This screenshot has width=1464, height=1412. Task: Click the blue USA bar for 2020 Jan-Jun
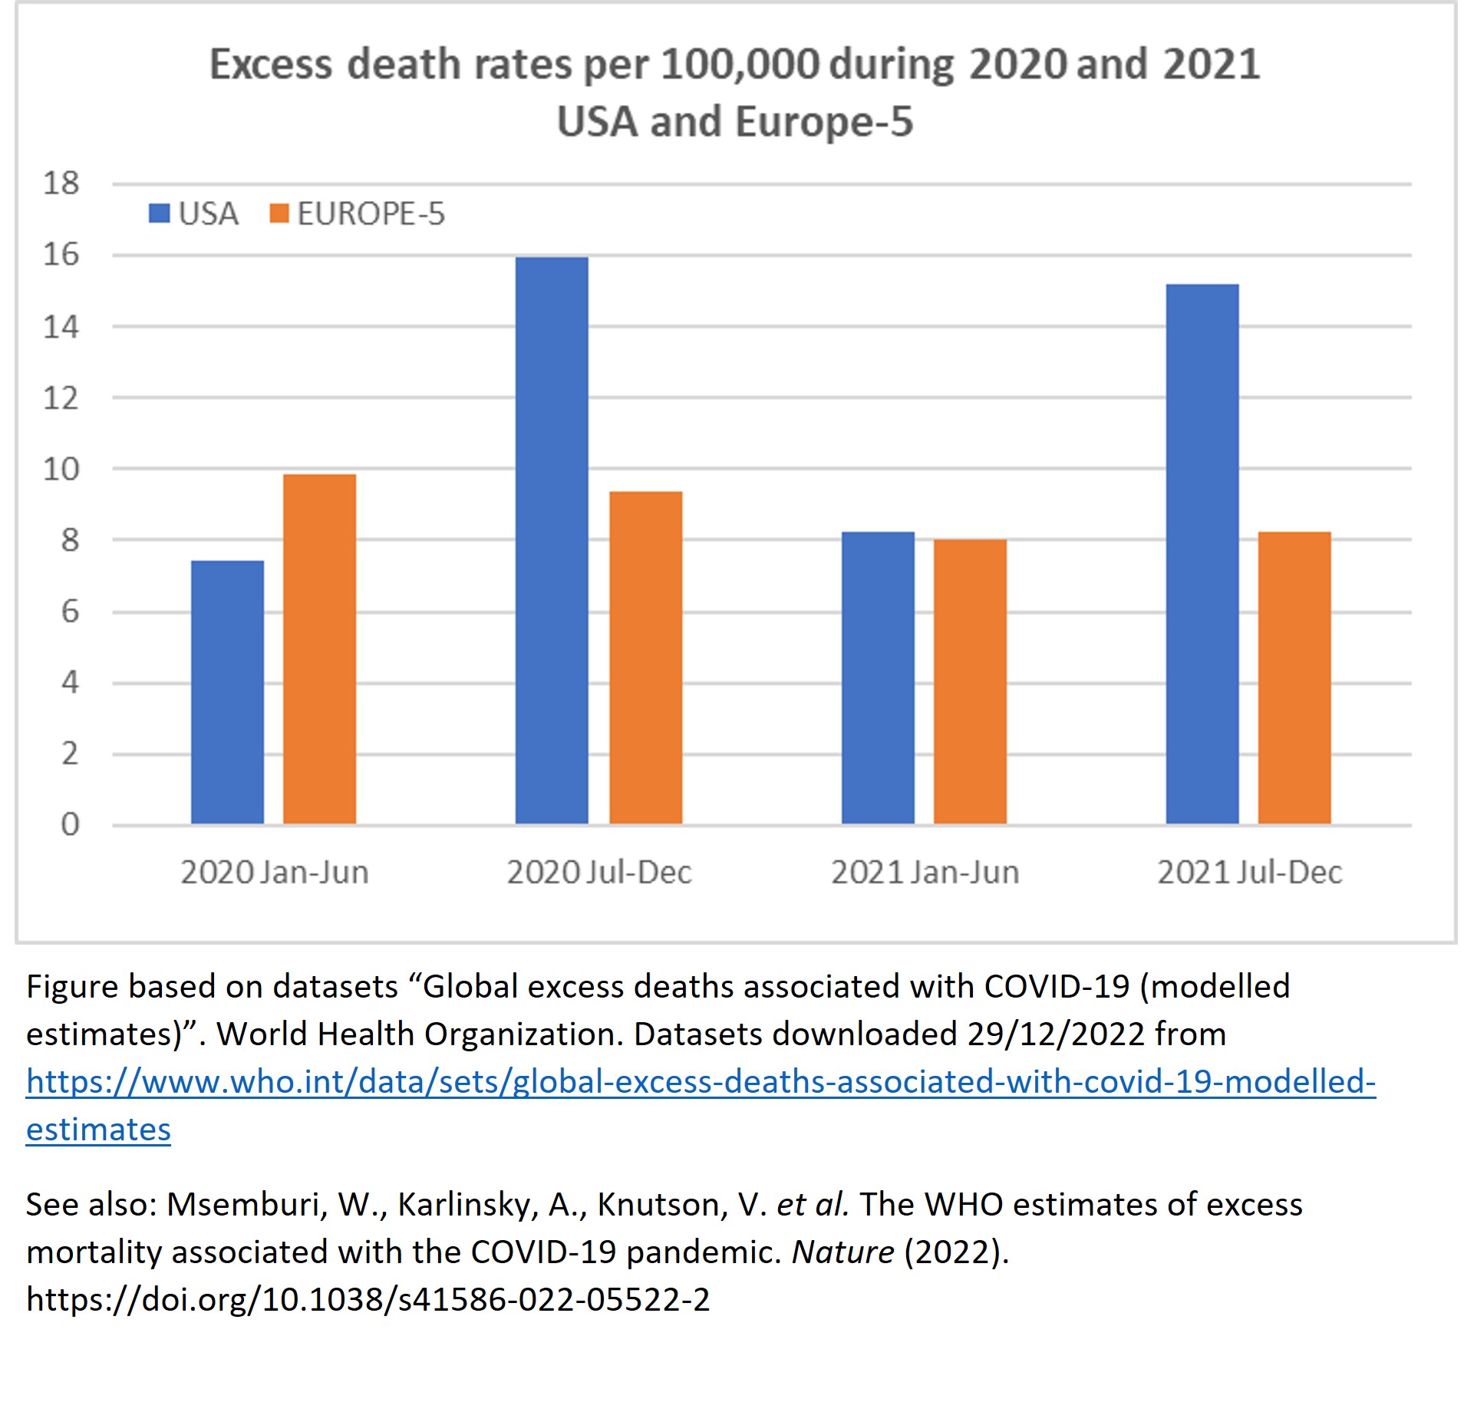click(227, 692)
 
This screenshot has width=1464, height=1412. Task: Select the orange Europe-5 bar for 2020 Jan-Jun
click(319, 649)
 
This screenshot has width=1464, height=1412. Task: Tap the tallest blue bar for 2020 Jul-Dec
click(552, 540)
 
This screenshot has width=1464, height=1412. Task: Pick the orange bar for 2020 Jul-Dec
click(645, 658)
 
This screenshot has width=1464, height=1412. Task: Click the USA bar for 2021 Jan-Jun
click(878, 678)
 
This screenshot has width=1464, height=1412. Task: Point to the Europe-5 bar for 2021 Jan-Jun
click(970, 681)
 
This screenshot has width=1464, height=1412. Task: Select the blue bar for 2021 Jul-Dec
click(1202, 554)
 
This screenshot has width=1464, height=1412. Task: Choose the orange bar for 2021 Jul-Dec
click(1294, 678)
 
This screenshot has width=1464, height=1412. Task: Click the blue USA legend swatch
click(159, 213)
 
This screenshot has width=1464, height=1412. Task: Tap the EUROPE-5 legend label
click(371, 213)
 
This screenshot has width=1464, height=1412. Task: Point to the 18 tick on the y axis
click(61, 183)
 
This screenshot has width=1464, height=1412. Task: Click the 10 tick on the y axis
click(61, 469)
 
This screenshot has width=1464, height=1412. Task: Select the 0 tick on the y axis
click(69, 825)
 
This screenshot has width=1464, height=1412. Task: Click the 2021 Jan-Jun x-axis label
click(925, 873)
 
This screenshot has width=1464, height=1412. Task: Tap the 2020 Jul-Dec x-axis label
click(599, 873)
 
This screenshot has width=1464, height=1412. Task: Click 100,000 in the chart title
click(739, 64)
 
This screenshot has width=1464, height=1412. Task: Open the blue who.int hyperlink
click(700, 1082)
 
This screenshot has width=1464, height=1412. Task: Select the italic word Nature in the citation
click(842, 1252)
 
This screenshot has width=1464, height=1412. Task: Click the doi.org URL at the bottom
click(368, 1299)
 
